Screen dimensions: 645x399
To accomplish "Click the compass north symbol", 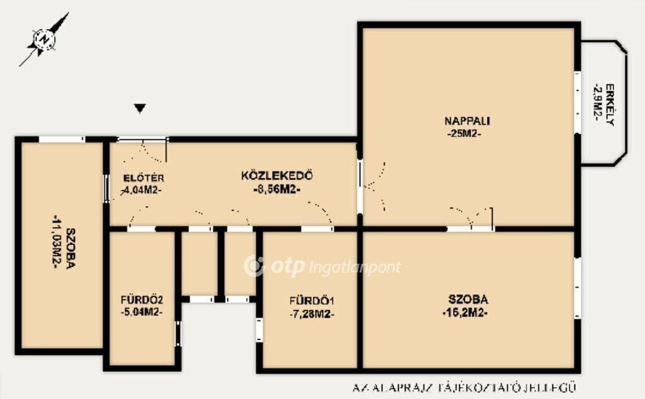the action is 44,40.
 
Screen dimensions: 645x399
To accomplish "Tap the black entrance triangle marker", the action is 140,108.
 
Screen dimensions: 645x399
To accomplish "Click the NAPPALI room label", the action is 467,121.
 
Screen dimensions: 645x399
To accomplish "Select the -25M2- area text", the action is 464,134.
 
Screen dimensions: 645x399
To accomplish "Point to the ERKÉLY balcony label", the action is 610,105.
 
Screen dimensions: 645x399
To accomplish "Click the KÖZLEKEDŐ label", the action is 277,176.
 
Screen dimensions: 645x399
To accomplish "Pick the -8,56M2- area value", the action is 277,190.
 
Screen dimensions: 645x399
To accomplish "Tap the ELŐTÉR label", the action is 144,178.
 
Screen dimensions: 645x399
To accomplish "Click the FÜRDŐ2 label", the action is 142,299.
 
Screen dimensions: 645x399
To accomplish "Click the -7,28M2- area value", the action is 311,315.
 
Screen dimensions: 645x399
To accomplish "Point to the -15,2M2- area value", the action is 465,313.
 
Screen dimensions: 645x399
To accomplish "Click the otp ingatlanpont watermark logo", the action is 322,267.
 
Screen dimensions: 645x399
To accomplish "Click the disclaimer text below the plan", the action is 464,388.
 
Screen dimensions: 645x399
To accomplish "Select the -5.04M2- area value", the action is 142,313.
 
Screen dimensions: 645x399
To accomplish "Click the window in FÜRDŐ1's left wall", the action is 259,330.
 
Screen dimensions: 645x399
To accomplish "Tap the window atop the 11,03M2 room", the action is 62,139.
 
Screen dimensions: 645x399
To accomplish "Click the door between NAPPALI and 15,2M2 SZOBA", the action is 471,228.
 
